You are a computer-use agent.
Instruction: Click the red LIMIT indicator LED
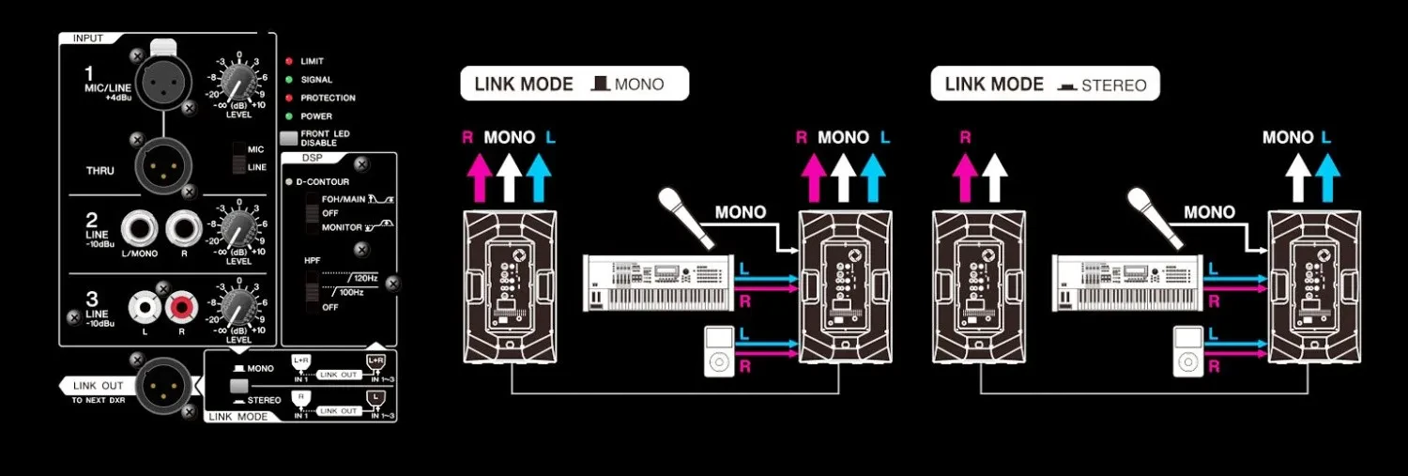click(x=289, y=61)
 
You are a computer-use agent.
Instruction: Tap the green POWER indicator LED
click(x=289, y=116)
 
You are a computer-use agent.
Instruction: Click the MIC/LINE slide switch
click(x=240, y=157)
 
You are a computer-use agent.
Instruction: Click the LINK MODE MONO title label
click(x=574, y=84)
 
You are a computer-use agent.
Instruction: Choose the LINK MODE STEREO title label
click(x=1045, y=84)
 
